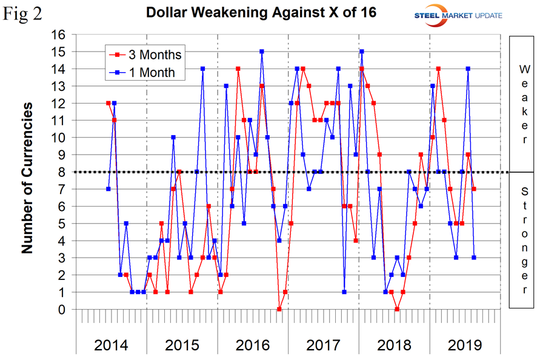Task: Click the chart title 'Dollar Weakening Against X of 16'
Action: point(261,12)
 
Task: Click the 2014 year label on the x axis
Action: point(112,345)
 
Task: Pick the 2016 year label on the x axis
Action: point(253,345)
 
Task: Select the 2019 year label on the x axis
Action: point(465,345)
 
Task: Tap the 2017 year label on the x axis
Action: point(324,345)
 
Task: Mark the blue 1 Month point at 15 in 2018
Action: point(362,52)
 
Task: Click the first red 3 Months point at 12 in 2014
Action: point(108,103)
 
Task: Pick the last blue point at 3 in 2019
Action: point(474,258)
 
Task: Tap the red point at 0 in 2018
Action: point(397,309)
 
